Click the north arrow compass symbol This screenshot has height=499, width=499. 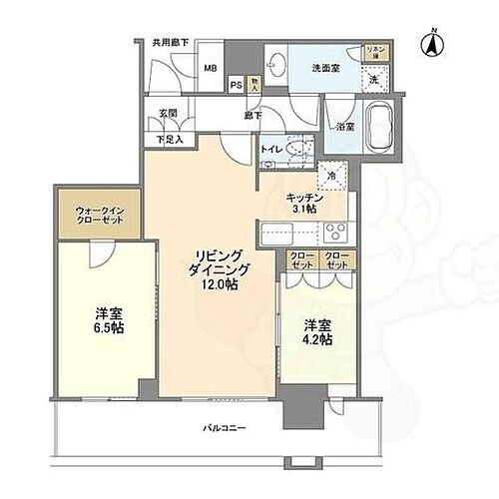[x=431, y=43]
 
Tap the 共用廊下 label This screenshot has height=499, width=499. [x=171, y=44]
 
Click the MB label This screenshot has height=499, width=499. [x=211, y=69]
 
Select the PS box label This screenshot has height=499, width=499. [x=236, y=87]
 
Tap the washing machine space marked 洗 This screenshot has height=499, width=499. [x=374, y=79]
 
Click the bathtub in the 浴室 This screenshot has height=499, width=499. [x=380, y=127]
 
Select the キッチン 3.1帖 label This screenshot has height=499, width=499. [x=302, y=204]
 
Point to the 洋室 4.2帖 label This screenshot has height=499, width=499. [x=312, y=332]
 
